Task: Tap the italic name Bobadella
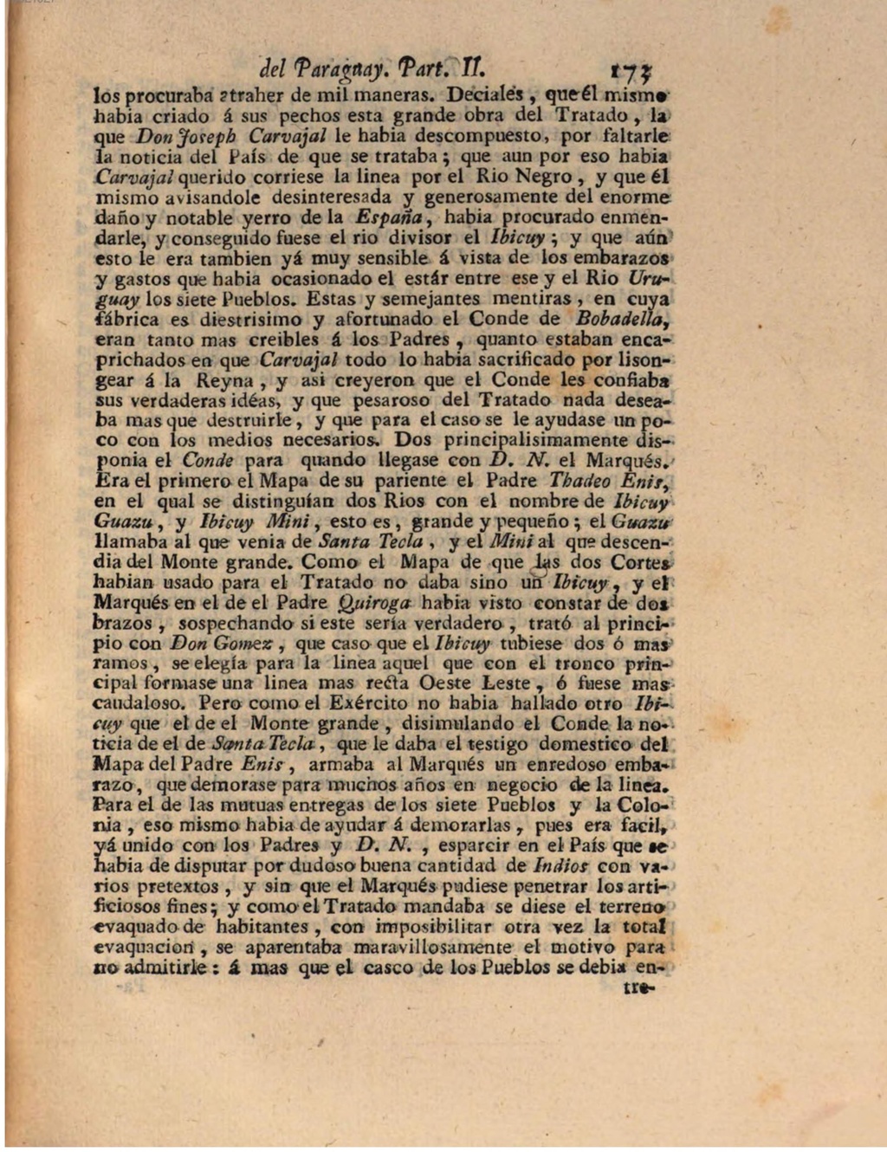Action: pyautogui.click(x=625, y=318)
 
